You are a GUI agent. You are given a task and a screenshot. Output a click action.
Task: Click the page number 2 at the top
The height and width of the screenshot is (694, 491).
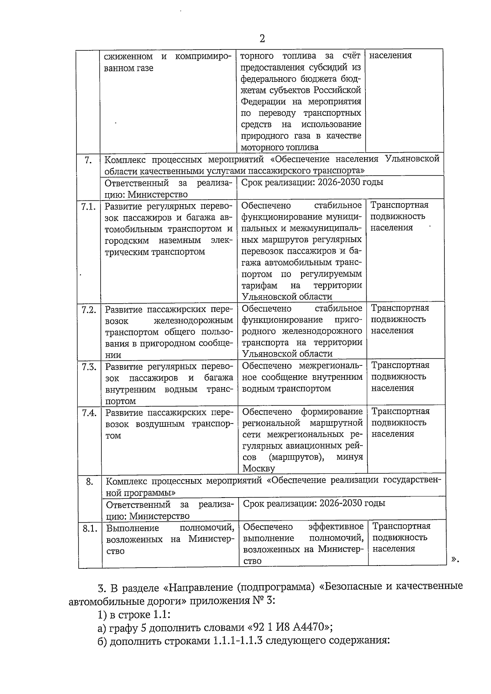262,39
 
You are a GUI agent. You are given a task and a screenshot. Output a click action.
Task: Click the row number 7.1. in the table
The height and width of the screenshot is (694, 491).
88,206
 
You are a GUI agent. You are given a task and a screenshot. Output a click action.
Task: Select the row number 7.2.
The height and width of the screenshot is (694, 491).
88,310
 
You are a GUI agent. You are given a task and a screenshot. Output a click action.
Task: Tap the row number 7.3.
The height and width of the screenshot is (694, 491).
89,367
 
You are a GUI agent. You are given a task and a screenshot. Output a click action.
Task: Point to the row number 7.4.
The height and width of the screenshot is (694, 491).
89,413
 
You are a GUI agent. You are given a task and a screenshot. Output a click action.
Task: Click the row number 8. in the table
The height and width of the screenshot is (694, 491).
90,482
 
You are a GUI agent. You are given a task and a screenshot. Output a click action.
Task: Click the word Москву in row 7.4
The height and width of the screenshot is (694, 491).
259,469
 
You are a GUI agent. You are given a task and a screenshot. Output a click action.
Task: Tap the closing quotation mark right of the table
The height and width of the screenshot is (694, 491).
455,559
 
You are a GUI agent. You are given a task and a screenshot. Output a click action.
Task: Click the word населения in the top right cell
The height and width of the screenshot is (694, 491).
390,56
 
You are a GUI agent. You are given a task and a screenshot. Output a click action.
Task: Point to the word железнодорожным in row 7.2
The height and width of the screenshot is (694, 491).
194,321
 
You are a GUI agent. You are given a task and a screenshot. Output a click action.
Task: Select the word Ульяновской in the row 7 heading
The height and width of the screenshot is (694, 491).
412,159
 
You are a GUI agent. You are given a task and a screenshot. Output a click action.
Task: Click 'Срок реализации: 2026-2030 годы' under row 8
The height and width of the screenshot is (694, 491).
314,503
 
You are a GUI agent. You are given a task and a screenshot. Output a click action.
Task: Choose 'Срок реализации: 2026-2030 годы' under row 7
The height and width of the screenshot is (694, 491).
312,183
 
